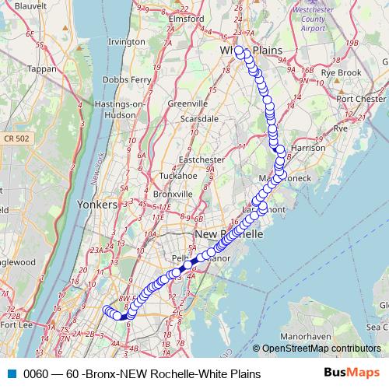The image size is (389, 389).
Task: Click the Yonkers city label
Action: pyautogui.click(x=98, y=204)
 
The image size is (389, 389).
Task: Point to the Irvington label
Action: pyautogui.click(x=127, y=41)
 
